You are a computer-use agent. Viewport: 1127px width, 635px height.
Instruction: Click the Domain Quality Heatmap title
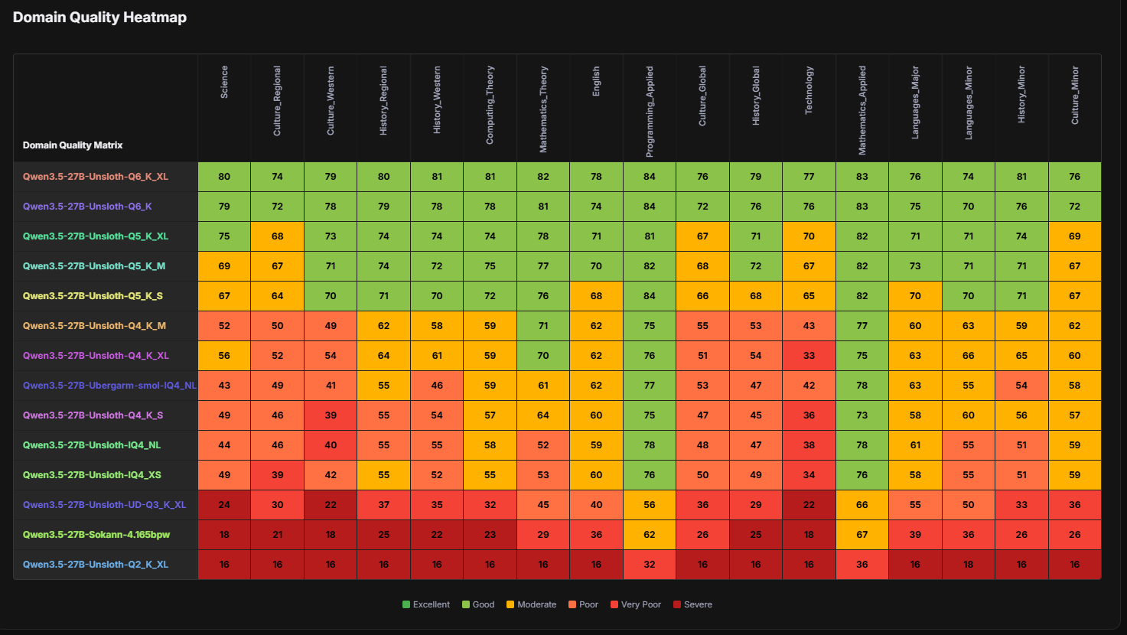click(x=99, y=18)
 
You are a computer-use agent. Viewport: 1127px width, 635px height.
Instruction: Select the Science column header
click(x=224, y=82)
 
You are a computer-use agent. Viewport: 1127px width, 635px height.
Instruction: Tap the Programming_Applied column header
click(x=650, y=112)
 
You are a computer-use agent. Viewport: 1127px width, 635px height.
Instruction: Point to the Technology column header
click(x=809, y=90)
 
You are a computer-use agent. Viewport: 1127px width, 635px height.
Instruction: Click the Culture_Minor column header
click(x=1074, y=95)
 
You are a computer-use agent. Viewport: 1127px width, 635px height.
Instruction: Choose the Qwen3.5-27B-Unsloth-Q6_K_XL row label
click(x=96, y=177)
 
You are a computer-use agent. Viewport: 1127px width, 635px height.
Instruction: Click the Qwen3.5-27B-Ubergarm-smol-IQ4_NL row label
click(x=109, y=386)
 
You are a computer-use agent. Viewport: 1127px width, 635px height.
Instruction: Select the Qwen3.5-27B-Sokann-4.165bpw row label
click(x=96, y=535)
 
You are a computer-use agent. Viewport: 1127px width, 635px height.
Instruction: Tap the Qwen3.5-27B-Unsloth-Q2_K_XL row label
click(x=96, y=565)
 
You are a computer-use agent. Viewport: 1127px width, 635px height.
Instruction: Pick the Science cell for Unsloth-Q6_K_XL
click(x=224, y=177)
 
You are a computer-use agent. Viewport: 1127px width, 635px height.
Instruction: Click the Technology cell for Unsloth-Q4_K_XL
click(x=809, y=356)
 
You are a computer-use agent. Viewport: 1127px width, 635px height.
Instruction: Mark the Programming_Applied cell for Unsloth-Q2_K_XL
click(x=650, y=565)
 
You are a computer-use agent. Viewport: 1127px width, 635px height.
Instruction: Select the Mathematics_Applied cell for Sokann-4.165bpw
click(x=862, y=535)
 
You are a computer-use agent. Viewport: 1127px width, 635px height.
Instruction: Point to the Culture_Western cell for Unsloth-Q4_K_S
click(x=331, y=415)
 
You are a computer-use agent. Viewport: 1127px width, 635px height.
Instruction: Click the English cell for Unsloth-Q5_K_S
click(x=596, y=296)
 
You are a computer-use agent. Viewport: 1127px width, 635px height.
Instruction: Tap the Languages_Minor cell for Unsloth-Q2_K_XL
click(x=969, y=565)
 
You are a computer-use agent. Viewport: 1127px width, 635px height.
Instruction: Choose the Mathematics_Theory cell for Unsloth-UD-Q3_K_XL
click(x=543, y=505)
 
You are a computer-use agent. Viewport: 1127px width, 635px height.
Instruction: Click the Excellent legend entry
click(x=426, y=604)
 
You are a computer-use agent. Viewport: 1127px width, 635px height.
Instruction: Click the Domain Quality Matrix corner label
click(x=73, y=145)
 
